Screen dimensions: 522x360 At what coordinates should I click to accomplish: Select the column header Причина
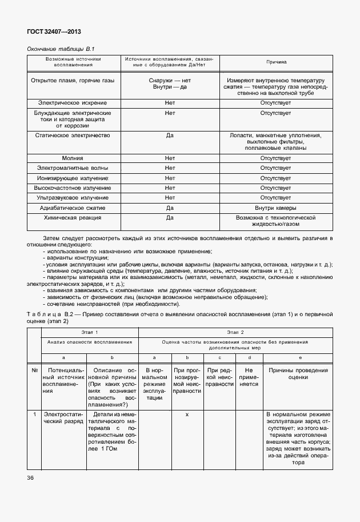[x=276, y=61]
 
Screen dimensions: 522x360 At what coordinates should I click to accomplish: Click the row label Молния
[x=73, y=158]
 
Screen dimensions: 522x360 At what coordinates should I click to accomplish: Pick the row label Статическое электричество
[x=73, y=136]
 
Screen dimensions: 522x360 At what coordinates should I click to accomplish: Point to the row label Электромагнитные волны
[x=73, y=168]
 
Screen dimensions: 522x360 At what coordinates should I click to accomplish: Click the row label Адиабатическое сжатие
[x=73, y=208]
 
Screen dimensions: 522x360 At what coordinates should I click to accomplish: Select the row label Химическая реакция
[x=73, y=218]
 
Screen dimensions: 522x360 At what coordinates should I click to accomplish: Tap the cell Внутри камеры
[x=276, y=208]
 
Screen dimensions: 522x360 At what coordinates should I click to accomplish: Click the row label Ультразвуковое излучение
[x=73, y=198]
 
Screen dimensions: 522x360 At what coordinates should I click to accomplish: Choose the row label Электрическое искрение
[x=73, y=103]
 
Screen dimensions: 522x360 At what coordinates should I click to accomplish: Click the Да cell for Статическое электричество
[x=170, y=136]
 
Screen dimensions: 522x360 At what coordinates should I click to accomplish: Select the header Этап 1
[x=89, y=332]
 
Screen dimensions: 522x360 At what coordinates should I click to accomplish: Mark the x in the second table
[x=187, y=413]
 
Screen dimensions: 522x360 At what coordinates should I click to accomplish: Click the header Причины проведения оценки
[x=294, y=374]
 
